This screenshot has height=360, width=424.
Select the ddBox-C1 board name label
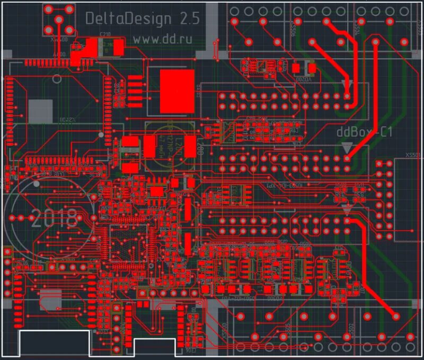coord(365,132)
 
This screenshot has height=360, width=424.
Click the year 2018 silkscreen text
coord(54,218)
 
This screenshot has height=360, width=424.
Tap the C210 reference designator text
coord(105,36)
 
